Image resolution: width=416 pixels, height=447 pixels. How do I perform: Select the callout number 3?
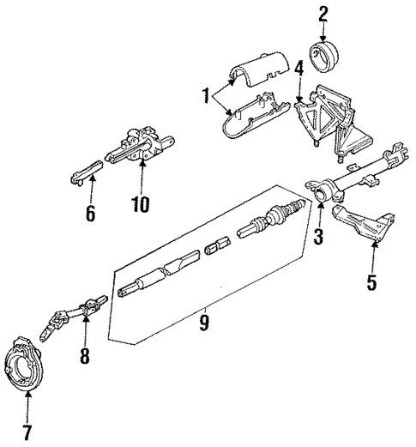point(318,234)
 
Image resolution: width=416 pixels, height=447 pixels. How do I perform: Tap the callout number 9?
point(204,323)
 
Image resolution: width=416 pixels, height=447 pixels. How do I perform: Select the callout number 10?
point(140,203)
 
